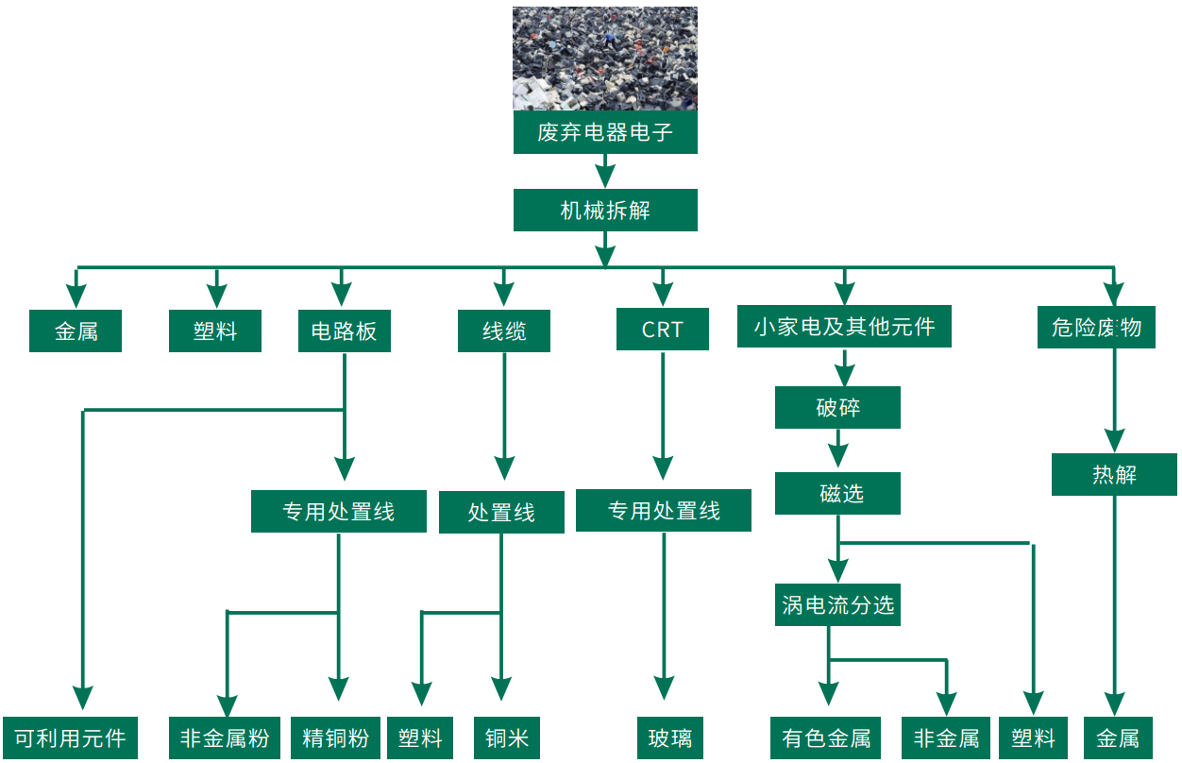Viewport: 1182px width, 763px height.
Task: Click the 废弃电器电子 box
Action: pos(605,132)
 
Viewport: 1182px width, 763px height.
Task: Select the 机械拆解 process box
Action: pos(605,210)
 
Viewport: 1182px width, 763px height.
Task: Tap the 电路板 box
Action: pos(344,331)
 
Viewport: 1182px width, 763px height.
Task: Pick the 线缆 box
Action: pos(504,331)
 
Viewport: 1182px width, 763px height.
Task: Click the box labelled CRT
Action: pos(662,330)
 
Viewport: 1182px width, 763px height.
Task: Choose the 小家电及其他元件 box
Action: pos(844,327)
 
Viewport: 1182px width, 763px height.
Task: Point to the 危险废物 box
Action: pos(1095,328)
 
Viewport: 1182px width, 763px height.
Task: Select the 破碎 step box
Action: pos(837,408)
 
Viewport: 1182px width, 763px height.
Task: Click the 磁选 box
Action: pos(837,493)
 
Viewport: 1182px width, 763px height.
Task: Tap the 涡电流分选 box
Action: pos(837,604)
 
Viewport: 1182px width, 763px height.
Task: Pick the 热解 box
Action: pos(1114,474)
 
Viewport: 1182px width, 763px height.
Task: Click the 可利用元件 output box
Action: pos(70,738)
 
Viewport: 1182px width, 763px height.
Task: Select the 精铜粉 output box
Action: pos(335,738)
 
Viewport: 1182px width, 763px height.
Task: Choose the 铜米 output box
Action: pos(507,738)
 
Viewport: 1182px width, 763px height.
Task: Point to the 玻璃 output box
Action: pos(670,738)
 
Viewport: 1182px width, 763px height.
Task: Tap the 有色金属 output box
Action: pos(826,738)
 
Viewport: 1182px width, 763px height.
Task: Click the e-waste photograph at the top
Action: pos(605,59)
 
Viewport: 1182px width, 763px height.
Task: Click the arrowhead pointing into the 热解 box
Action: pos(1115,441)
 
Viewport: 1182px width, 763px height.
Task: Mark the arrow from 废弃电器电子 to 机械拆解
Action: pos(605,172)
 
